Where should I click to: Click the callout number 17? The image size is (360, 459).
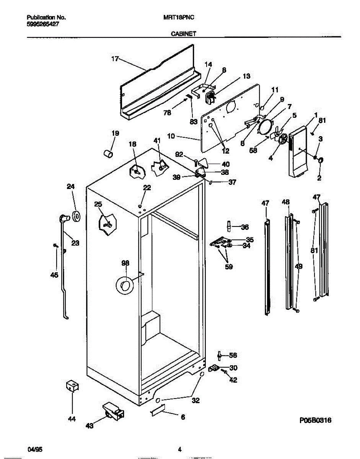[x=115, y=59]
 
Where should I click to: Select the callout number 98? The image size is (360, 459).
[x=125, y=263]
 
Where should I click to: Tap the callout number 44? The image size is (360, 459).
[x=72, y=419]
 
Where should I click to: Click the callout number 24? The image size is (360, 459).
[x=71, y=187]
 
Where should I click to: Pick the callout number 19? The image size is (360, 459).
[x=115, y=133]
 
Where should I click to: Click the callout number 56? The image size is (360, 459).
[x=233, y=355]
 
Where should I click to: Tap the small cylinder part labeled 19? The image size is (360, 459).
[x=108, y=154]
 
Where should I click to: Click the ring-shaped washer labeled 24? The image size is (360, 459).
[x=76, y=216]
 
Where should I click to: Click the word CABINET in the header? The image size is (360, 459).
[x=183, y=34]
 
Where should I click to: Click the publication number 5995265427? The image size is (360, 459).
[x=43, y=24]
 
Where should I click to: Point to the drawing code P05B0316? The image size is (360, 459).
[x=315, y=420]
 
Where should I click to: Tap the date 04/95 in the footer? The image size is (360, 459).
[x=34, y=449]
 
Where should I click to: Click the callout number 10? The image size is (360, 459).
[x=171, y=136]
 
